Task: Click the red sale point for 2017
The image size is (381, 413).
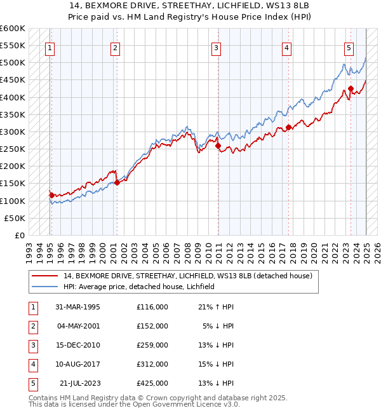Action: point(288,127)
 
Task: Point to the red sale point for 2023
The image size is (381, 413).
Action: point(351,89)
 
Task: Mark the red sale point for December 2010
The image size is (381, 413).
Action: point(218,146)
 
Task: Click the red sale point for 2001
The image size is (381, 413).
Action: point(116,182)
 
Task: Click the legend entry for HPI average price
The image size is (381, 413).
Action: point(139,287)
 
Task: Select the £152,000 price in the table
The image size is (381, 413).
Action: point(152,326)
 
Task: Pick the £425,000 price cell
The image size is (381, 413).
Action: point(152,383)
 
